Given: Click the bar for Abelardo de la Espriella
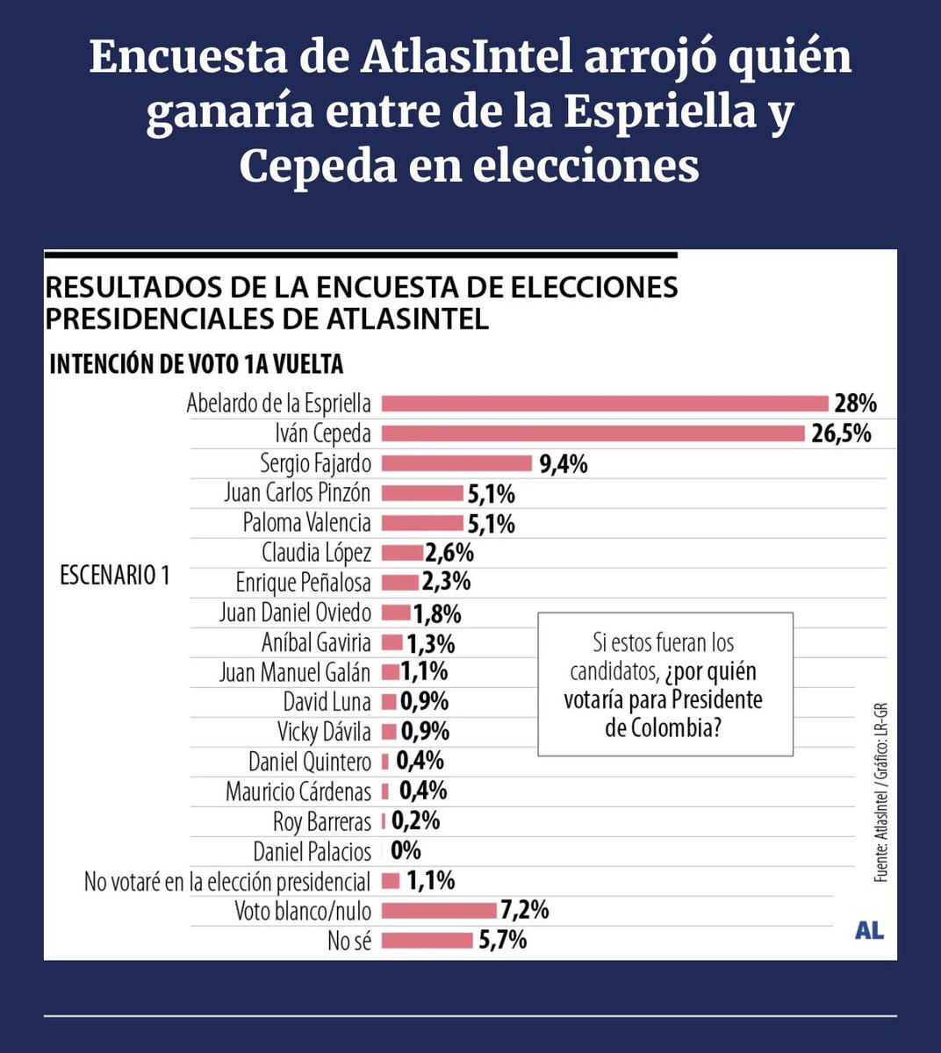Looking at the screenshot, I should (605, 404).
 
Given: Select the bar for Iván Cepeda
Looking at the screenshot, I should (593, 433).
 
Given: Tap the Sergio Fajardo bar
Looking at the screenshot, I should (456, 463).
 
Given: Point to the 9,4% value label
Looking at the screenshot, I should (563, 464).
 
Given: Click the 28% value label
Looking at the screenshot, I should (855, 404).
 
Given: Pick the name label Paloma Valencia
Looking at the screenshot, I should (306, 523).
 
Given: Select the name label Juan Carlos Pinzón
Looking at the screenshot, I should (297, 493).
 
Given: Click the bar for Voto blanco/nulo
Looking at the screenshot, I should (439, 910).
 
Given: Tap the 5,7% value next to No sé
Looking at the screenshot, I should (502, 941).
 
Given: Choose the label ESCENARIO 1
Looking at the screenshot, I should (114, 576).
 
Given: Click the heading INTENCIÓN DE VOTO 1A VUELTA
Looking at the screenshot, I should (196, 365).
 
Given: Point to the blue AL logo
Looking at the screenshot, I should (868, 931).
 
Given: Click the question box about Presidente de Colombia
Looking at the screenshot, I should (664, 684).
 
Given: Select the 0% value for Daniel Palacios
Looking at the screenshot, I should (406, 850).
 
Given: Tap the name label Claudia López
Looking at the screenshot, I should (316, 553).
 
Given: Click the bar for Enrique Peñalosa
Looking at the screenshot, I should (400, 583).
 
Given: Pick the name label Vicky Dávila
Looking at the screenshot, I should (324, 732).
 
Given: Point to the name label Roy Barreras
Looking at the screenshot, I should (321, 821).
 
